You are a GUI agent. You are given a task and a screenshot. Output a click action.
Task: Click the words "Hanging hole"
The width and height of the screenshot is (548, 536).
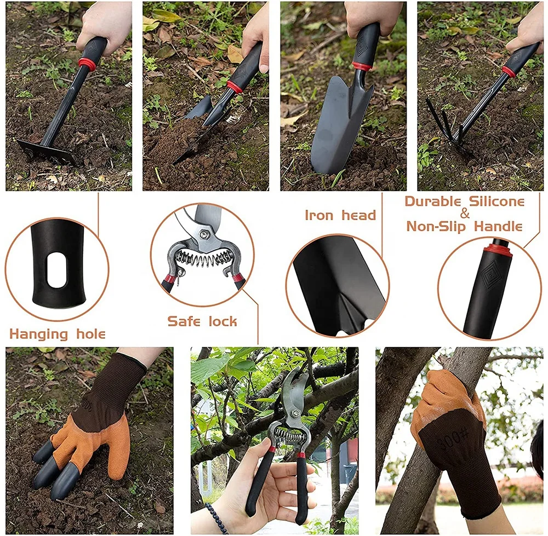[x=58, y=334]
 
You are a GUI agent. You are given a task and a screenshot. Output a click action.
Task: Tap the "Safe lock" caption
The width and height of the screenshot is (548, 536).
[x=202, y=321]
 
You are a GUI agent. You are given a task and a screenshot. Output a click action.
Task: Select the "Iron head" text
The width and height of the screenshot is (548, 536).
[x=340, y=215]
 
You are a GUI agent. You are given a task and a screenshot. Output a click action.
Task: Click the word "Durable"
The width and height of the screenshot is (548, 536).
[x=432, y=201]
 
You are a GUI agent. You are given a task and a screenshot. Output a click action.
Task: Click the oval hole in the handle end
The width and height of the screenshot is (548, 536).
[x=56, y=270]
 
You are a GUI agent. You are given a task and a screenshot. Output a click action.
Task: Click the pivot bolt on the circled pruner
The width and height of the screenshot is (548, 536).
[x=204, y=234]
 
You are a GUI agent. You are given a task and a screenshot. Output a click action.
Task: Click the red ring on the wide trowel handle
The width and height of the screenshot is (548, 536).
[x=362, y=67]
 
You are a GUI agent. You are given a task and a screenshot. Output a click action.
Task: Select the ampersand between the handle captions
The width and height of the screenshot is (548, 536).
[x=465, y=214]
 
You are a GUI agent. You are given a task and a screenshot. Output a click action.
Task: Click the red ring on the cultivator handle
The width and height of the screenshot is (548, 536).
[x=509, y=72]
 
